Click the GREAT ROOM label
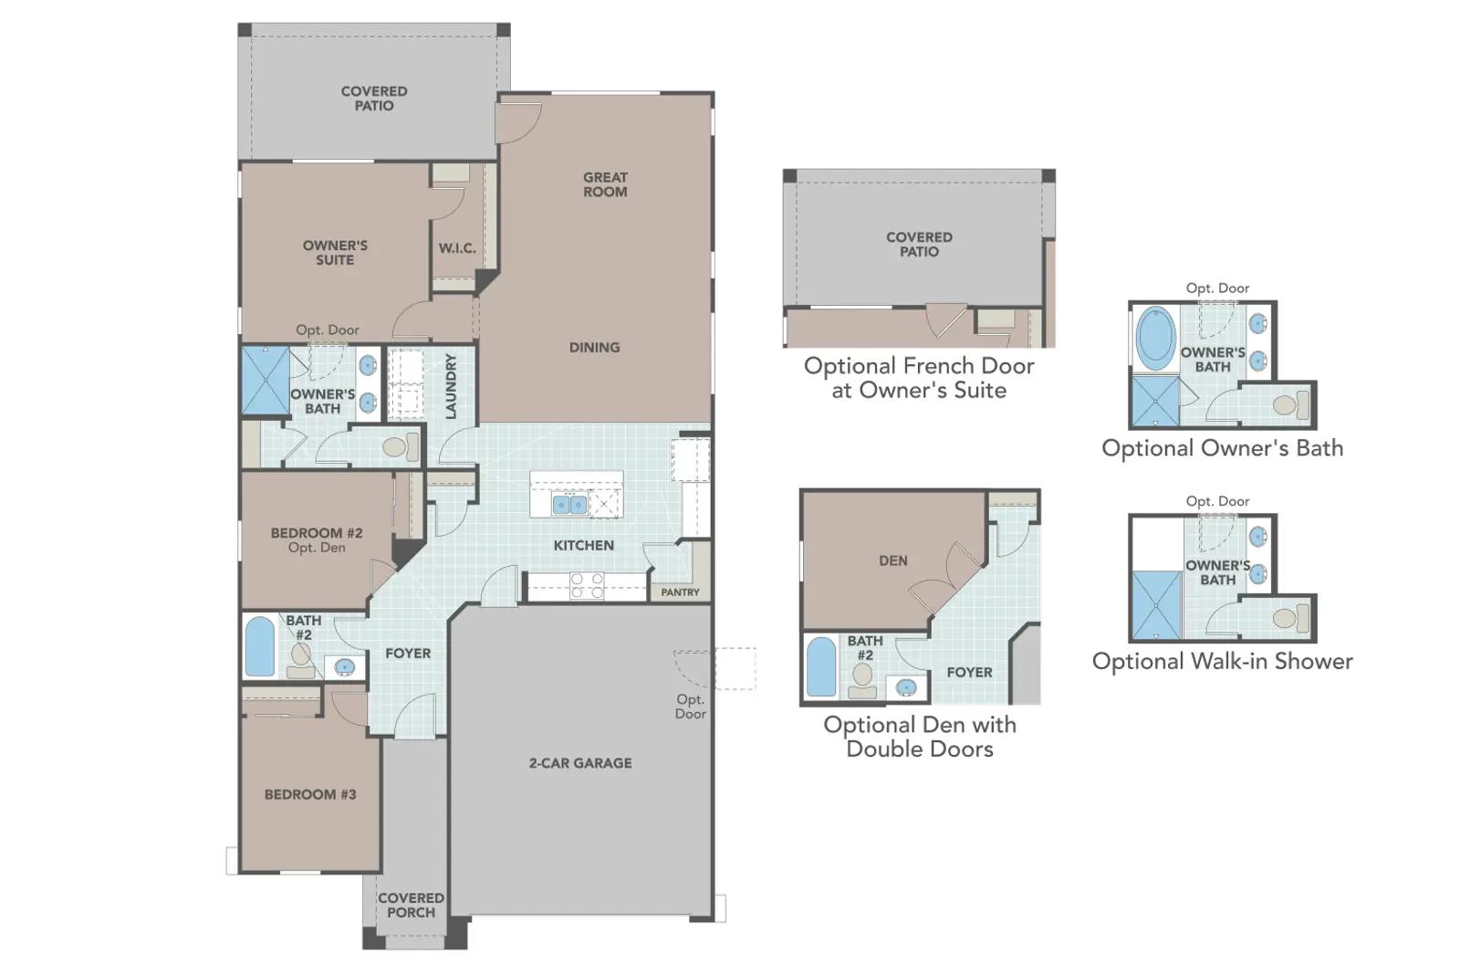tap(605, 184)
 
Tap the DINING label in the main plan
tap(594, 348)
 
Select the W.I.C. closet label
tap(457, 248)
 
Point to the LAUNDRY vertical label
tap(451, 386)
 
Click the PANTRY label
tap(680, 592)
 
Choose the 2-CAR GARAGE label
tap(580, 763)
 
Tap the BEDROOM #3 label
tap(310, 794)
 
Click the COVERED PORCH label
tap(411, 905)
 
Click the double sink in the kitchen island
tap(569, 504)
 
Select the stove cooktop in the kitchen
tap(587, 585)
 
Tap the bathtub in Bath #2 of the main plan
tap(259, 647)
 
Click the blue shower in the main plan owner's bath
tap(266, 381)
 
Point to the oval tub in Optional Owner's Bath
tap(1155, 339)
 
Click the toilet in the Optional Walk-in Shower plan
tap(1290, 618)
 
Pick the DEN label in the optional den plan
tap(893, 560)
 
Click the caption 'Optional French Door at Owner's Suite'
tap(919, 378)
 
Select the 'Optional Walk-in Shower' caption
tap(1222, 661)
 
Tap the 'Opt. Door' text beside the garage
tap(690, 707)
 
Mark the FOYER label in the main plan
tap(408, 654)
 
